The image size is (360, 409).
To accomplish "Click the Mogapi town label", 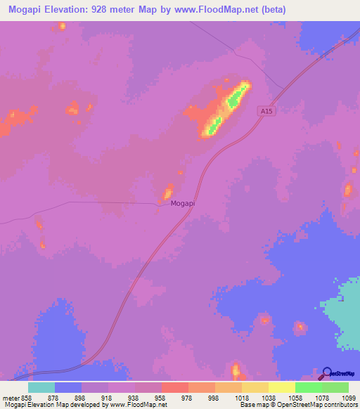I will pos(183,203).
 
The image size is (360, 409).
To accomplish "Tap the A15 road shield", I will pos(264,111).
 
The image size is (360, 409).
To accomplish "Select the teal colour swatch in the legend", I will pos(41,387).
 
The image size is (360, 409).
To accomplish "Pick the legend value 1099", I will pos(349,397).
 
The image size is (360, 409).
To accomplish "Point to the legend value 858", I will pos(28,397).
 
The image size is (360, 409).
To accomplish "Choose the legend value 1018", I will pos(241,397).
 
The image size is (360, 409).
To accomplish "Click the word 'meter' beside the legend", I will pos(11,397).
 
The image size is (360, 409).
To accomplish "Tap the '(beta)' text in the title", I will pos(275,9).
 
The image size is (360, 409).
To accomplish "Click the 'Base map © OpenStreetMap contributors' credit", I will pos(298,405).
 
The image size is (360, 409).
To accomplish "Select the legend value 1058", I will pos(295,397).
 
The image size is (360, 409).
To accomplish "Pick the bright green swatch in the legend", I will pos(308,387).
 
